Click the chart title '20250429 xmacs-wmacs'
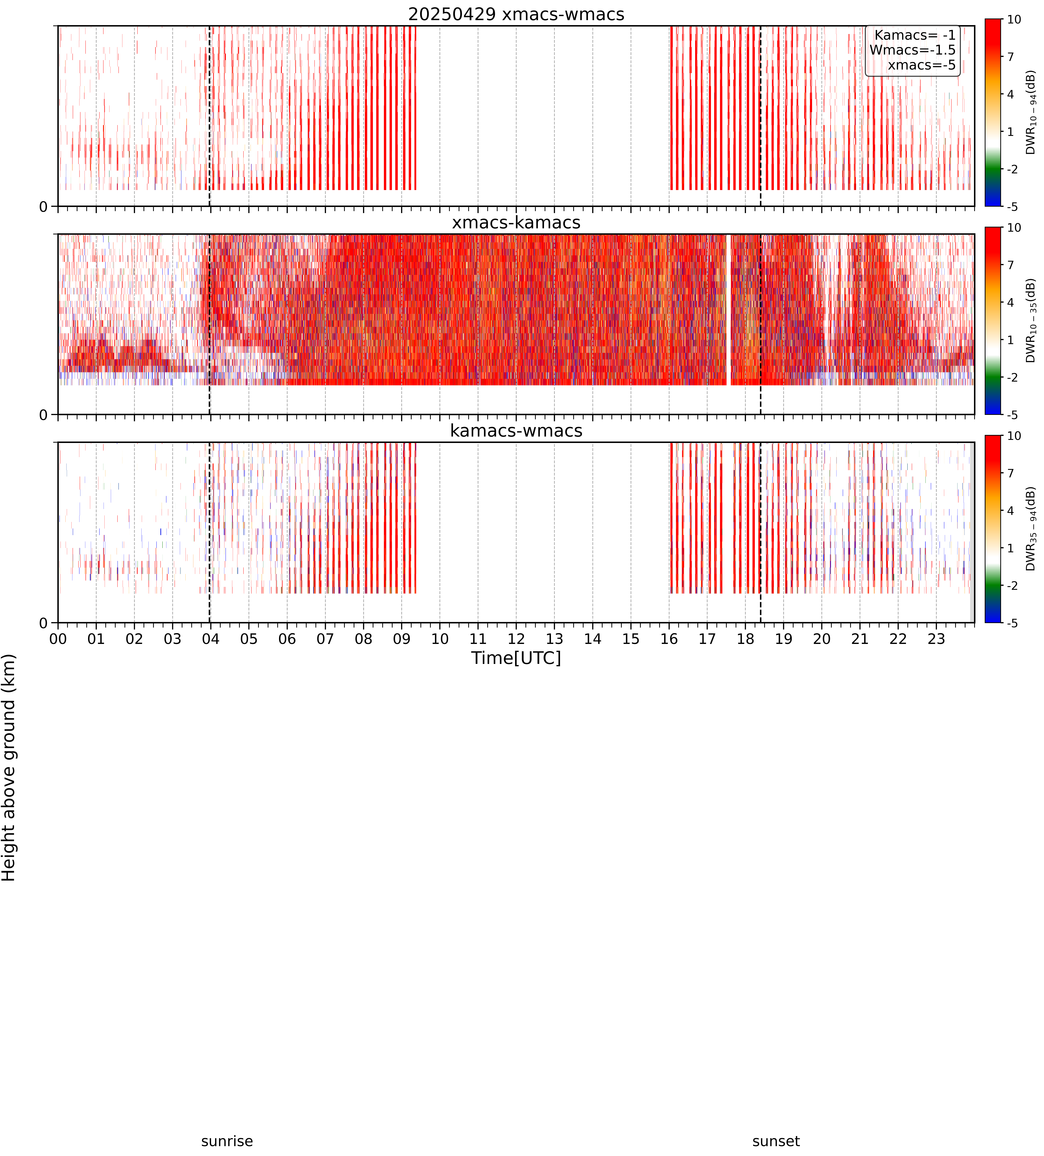tap(516, 14)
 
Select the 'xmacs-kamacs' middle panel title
tap(516, 223)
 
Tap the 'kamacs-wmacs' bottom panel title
tap(516, 431)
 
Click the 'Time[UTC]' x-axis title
tap(516, 658)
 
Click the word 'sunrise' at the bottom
tap(227, 1141)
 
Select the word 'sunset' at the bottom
tap(776, 1141)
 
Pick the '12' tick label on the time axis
tap(516, 639)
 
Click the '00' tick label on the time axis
tap(58, 639)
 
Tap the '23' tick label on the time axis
tap(936, 639)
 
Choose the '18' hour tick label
tap(745, 639)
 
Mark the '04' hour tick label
tap(211, 639)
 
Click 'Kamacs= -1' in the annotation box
tap(915, 35)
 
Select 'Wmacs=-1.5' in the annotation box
tap(913, 50)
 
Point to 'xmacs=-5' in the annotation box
tap(922, 65)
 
